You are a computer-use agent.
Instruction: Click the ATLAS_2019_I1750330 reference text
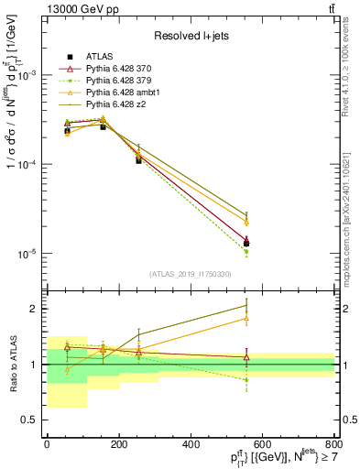coord(190,274)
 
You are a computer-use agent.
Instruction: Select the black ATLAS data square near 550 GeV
coord(245,244)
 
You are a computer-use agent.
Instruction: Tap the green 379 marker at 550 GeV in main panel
coord(245,252)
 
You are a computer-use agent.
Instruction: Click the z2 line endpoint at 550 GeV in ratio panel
coord(245,306)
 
